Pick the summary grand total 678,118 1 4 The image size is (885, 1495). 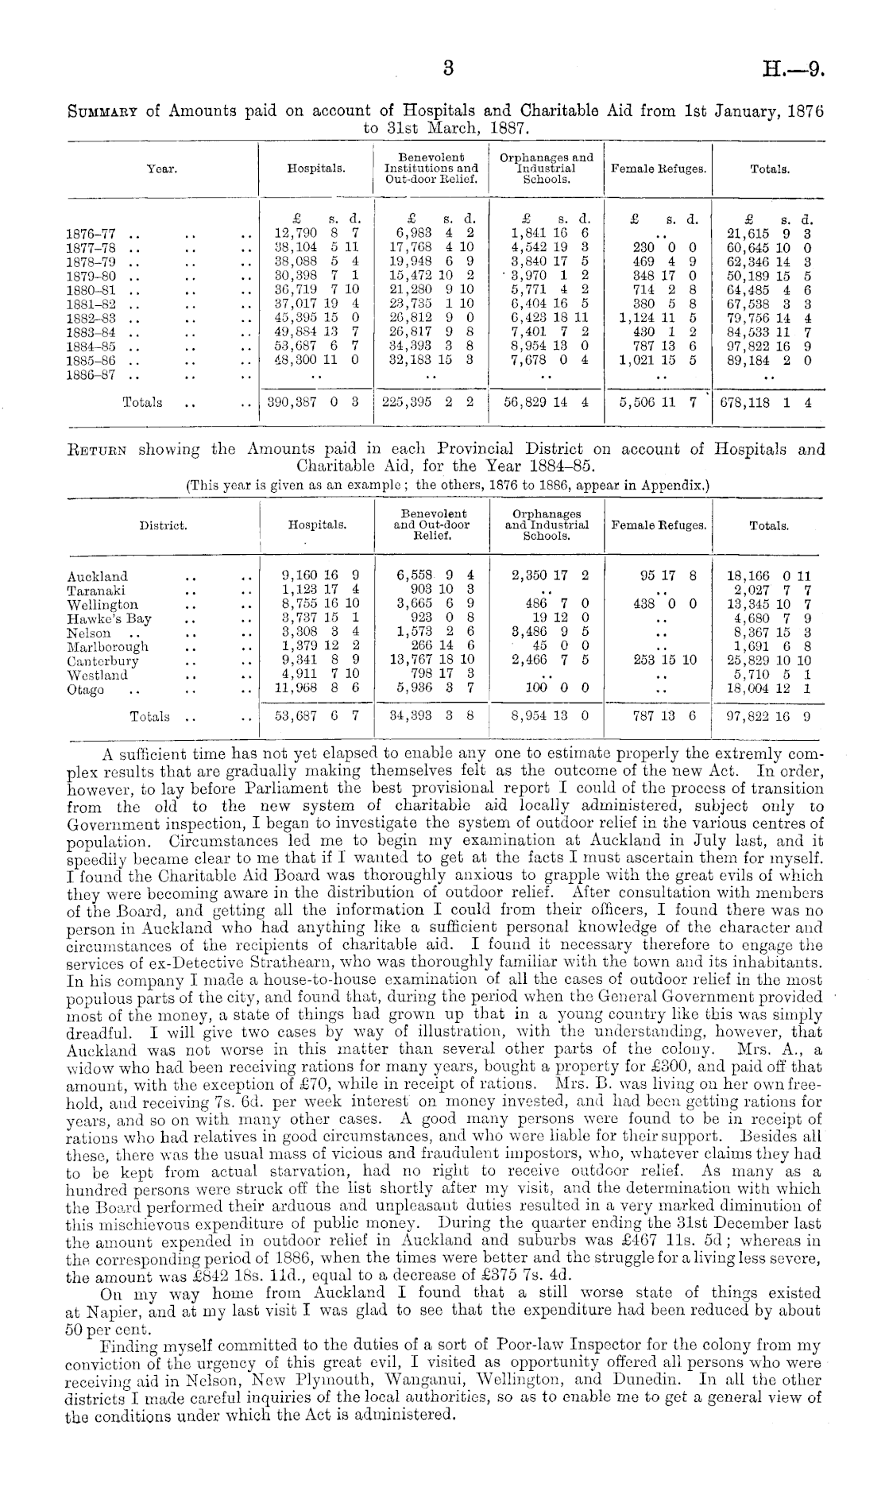click(x=765, y=403)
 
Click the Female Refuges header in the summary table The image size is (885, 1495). click(x=657, y=169)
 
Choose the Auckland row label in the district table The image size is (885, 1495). click(x=98, y=575)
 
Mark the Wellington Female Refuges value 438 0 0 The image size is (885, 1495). click(x=659, y=604)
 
